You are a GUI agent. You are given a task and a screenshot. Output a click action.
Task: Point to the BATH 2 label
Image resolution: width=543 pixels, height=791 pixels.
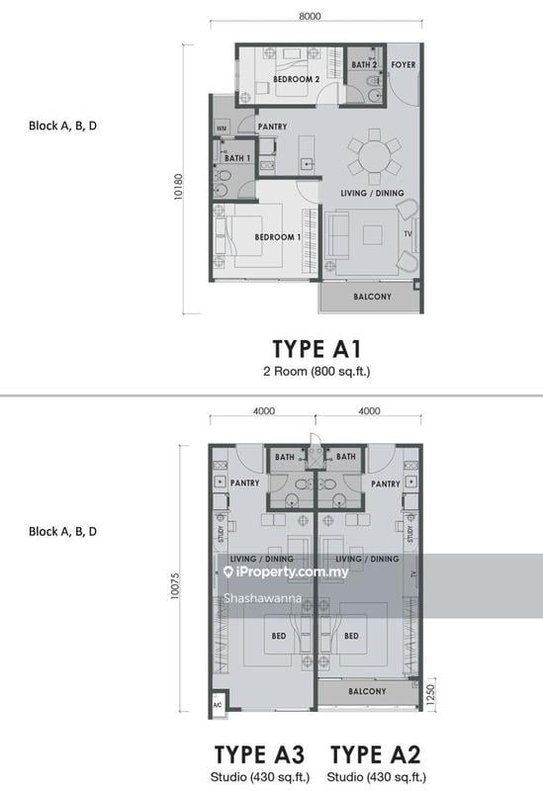pos(366,64)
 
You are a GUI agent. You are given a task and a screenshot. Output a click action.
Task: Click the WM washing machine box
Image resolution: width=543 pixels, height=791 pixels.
pos(221,128)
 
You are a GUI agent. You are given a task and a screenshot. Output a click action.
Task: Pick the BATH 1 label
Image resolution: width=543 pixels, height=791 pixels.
pos(235,158)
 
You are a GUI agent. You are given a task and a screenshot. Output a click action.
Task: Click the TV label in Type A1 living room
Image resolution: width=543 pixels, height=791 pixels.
pos(407,233)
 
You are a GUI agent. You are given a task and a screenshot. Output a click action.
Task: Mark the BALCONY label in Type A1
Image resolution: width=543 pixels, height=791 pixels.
pos(372,297)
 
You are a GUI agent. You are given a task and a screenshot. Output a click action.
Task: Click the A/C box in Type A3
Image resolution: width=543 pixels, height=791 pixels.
pos(217,706)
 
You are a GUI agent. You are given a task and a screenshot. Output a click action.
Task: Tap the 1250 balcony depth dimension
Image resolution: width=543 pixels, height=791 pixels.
pos(428,693)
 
